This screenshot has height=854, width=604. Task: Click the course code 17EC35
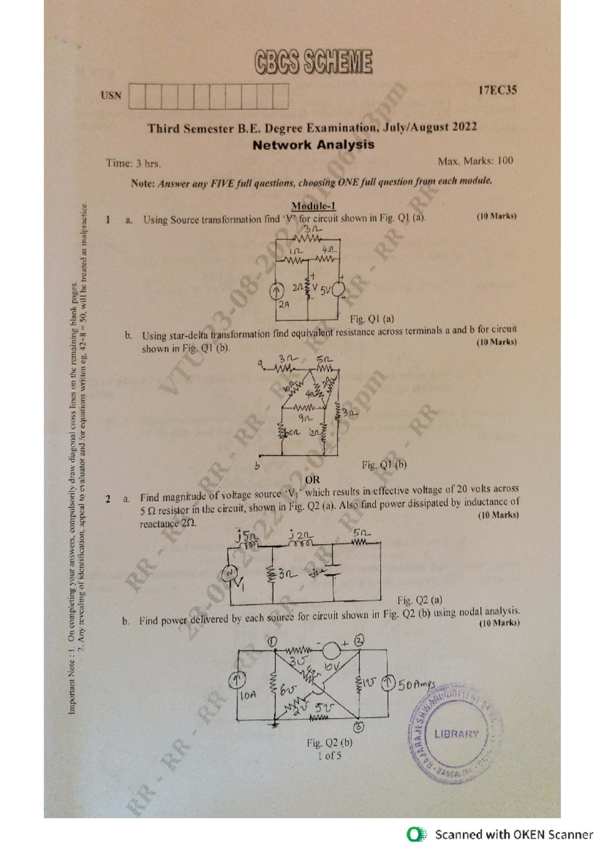coord(497,91)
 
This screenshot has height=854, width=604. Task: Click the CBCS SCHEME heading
coord(313,62)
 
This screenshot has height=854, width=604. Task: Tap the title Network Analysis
coord(313,145)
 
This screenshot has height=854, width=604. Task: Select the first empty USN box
coord(137,96)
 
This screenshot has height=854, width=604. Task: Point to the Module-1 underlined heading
coord(313,206)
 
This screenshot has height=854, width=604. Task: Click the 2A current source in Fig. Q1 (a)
coord(276,292)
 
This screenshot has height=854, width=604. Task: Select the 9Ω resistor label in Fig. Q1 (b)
coord(306,418)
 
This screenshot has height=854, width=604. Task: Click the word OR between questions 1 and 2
coord(312,480)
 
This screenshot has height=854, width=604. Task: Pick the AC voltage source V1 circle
coord(231,573)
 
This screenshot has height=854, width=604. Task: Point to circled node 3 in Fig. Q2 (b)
coord(359,726)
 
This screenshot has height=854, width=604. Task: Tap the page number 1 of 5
coord(329,755)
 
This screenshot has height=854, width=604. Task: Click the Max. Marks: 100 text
coord(475,161)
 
